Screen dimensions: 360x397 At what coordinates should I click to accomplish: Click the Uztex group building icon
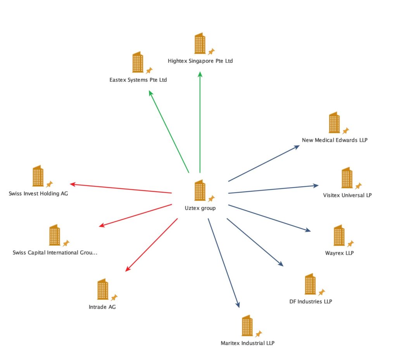coord(200,190)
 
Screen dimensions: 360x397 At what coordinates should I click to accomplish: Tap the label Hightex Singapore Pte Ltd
coord(200,61)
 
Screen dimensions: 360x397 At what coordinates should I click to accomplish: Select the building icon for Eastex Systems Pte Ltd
coord(138,62)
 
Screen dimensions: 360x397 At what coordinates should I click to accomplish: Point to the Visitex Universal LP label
coord(347,195)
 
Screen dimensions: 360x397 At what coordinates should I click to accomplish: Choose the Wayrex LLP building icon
coord(339,235)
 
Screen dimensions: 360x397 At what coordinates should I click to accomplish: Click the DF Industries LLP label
coord(311,301)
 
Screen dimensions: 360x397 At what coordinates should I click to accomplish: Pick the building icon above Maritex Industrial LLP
coord(247,326)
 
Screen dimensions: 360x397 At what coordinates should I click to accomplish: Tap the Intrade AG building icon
coord(102,289)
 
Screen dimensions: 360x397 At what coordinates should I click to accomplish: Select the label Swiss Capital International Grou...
coord(55,253)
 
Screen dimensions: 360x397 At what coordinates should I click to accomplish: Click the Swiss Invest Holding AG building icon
coord(38,176)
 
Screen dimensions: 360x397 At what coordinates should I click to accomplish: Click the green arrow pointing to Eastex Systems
coord(169,132)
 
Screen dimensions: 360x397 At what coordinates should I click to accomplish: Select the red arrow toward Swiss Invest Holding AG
coord(121,188)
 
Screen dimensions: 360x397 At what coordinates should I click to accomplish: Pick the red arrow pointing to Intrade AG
coord(152,245)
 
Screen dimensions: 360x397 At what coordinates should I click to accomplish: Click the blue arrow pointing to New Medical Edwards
coord(264,164)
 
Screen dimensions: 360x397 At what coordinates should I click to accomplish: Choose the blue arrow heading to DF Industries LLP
coord(255,242)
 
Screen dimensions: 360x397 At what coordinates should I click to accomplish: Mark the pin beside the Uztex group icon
coord(211,199)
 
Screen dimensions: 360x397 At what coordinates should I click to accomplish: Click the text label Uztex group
coord(200,208)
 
